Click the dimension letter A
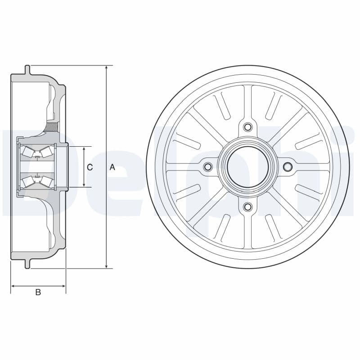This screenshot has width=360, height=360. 112,167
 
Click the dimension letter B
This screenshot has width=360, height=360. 38,292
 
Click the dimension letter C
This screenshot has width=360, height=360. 90,167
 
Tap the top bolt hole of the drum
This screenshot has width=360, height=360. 247,127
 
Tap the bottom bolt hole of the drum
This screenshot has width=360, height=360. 247,207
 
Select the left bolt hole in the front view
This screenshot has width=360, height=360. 208,166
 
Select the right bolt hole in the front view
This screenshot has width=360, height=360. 288,166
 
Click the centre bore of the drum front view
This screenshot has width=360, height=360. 247,166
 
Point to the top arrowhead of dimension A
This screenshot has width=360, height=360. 106,68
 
